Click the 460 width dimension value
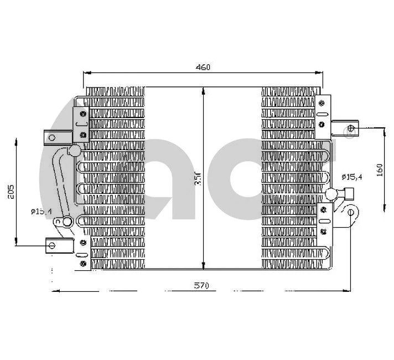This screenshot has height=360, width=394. click(203, 67)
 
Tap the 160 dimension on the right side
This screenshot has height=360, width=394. click(379, 169)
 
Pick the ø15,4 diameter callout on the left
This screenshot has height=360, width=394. click(42, 211)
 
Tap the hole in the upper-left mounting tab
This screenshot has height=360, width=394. click(52, 137)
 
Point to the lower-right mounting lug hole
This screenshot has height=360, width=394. click(350, 212)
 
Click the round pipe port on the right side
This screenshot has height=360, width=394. click(330, 193)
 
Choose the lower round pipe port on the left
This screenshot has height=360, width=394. click(66, 222)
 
